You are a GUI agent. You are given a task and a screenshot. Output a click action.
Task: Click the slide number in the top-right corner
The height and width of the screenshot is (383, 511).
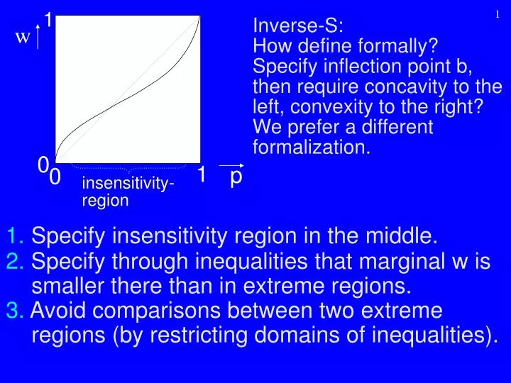tap(498, 15)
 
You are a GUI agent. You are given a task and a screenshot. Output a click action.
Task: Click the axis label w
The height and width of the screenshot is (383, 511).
tap(23, 38)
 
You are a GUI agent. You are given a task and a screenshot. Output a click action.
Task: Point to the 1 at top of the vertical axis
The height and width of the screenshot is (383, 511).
tap(48, 20)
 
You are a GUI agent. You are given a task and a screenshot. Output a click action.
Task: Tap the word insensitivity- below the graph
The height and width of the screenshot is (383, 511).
tap(129, 185)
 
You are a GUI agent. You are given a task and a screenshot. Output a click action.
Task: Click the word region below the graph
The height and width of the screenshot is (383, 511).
tap(105, 201)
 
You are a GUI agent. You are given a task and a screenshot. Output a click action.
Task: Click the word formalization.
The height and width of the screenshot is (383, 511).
tap(311, 148)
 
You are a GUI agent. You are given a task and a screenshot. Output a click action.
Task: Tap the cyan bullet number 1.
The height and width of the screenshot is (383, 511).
tap(17, 235)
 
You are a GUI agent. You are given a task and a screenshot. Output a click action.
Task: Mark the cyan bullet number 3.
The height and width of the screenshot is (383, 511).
tap(17, 310)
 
